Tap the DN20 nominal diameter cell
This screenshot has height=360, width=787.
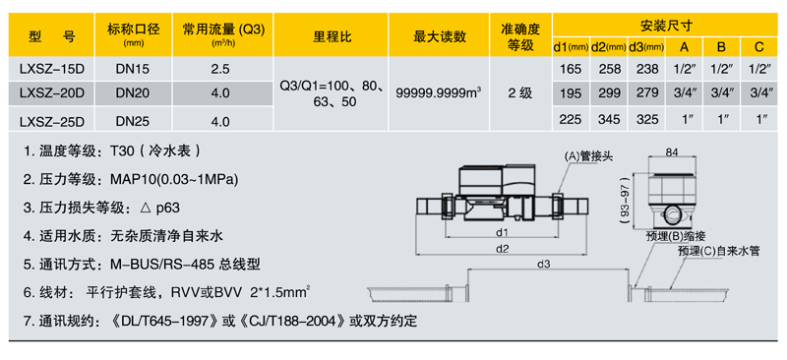point(133,93)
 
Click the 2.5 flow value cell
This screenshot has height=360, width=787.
point(220,70)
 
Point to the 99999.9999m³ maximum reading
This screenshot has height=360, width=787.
point(438,93)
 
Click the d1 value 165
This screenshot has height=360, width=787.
point(571,70)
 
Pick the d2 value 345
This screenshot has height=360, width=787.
point(609,120)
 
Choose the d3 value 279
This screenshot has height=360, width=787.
point(646,93)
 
